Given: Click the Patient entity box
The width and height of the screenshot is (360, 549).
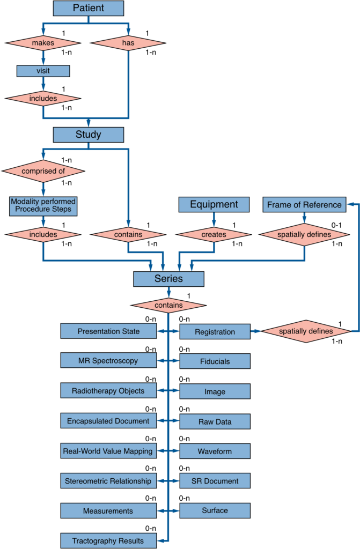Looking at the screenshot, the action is tap(89, 8).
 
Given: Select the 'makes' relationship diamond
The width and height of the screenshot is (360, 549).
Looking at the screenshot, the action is tap(43, 43).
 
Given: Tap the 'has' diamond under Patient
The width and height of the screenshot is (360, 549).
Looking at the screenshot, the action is tap(128, 43).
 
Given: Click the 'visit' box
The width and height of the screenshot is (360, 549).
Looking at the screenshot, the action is tap(43, 71).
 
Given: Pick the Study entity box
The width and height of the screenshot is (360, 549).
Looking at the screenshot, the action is tap(89, 135).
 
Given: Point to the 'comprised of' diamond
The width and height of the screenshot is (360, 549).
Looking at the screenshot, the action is tap(43, 171).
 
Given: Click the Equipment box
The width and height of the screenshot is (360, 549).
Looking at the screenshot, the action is tap(214, 204).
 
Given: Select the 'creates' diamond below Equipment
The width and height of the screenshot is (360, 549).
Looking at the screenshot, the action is tap(214, 235).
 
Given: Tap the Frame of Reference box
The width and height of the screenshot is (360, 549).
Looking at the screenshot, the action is tap(304, 205).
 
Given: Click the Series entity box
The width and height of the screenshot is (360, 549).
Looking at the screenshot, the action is tap(168, 279).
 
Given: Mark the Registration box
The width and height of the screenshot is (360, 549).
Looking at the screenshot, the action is tap(215, 331).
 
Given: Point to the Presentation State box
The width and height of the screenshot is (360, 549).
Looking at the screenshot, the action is tap(109, 331).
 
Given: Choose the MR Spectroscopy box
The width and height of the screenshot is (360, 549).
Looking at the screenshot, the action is tap(109, 361).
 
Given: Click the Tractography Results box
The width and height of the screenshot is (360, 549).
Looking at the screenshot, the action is tap(109, 541).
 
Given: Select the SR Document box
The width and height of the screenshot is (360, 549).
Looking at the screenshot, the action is tap(215, 481).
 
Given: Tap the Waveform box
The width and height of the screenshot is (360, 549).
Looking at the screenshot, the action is tap(215, 451).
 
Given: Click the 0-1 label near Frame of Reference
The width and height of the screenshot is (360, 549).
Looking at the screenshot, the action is tap(336, 225).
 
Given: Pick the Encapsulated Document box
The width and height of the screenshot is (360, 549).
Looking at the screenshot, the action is tap(109, 421).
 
